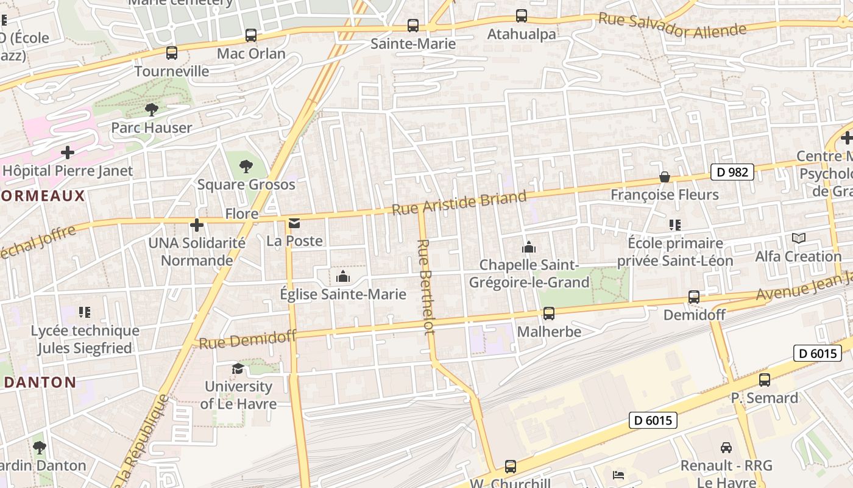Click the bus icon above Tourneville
(x=172, y=53)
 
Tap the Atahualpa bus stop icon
(x=522, y=16)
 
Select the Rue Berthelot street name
(x=425, y=286)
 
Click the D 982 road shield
(x=732, y=172)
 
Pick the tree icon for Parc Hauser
(x=151, y=110)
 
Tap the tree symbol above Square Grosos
(x=246, y=166)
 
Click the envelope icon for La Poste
(x=295, y=223)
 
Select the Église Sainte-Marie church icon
(x=343, y=277)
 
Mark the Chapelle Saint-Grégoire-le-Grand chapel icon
(x=529, y=247)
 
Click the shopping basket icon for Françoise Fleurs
(x=665, y=177)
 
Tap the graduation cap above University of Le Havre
(x=238, y=368)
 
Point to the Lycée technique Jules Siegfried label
(x=85, y=339)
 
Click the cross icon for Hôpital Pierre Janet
(x=68, y=152)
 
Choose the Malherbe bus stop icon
(x=549, y=314)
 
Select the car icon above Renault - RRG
(x=726, y=448)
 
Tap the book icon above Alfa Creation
(x=798, y=239)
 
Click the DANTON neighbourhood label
(x=40, y=382)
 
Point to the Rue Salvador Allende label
(x=672, y=25)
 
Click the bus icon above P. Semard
(x=765, y=380)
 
